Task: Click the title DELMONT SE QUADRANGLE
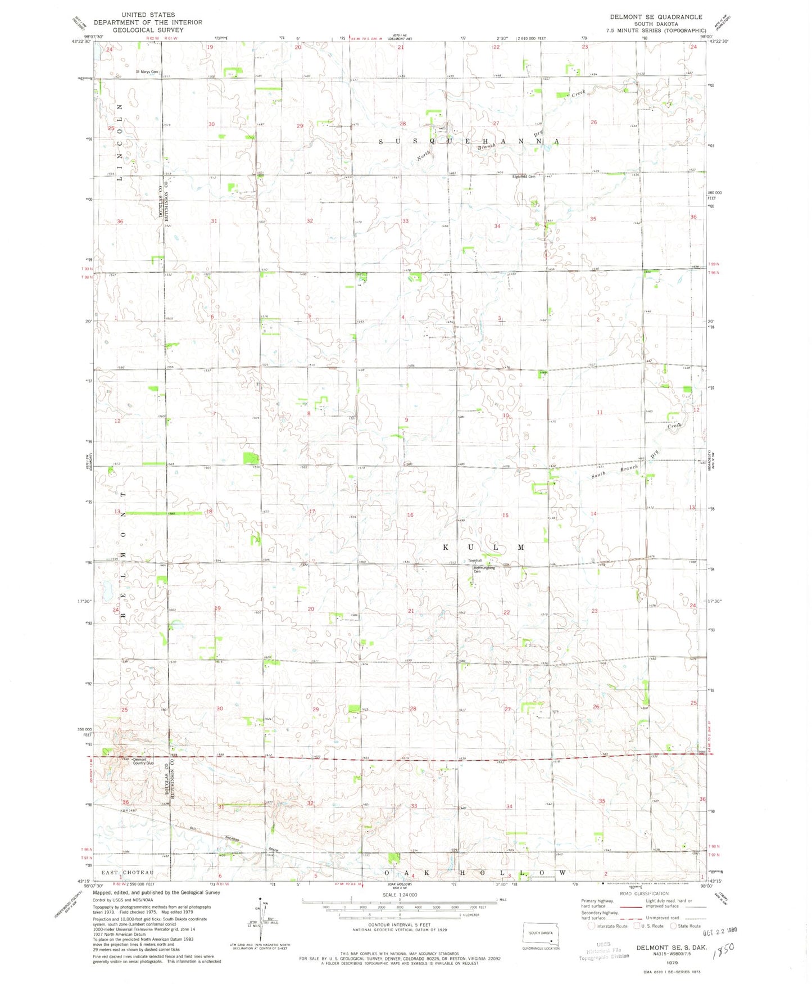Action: tap(656, 17)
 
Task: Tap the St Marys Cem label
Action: tap(147, 72)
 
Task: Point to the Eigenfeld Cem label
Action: tap(523, 177)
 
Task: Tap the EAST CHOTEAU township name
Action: tap(127, 873)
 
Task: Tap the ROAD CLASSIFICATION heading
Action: tap(644, 893)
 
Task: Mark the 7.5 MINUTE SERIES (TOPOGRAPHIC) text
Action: tap(656, 30)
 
